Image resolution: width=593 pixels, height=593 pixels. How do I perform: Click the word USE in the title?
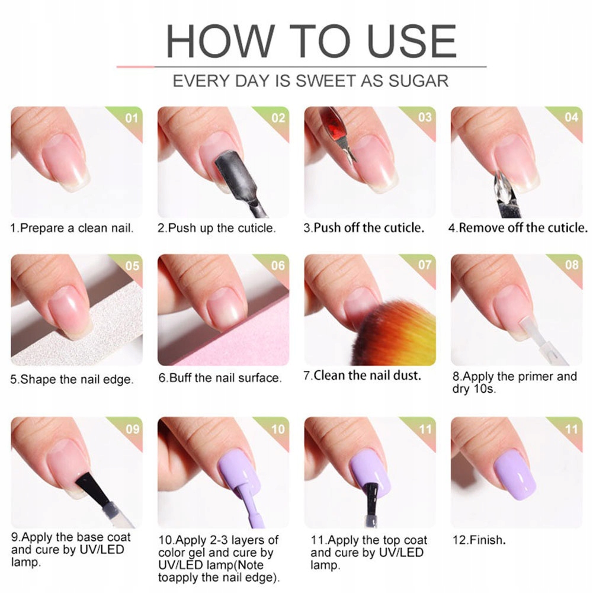[412, 41]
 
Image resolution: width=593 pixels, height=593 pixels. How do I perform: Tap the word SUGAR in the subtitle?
[419, 81]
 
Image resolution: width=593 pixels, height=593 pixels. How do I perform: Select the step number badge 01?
[132, 118]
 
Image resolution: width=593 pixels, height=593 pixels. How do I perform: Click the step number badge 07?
[425, 265]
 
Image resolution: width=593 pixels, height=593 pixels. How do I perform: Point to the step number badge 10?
[278, 429]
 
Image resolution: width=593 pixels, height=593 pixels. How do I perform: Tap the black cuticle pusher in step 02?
[238, 181]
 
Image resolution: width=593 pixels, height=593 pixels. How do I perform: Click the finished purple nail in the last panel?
[514, 476]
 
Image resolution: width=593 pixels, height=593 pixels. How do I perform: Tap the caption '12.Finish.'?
[479, 540]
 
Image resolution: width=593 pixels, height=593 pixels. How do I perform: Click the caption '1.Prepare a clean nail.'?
[72, 228]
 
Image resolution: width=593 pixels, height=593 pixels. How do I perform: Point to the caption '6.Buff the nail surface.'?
[220, 378]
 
